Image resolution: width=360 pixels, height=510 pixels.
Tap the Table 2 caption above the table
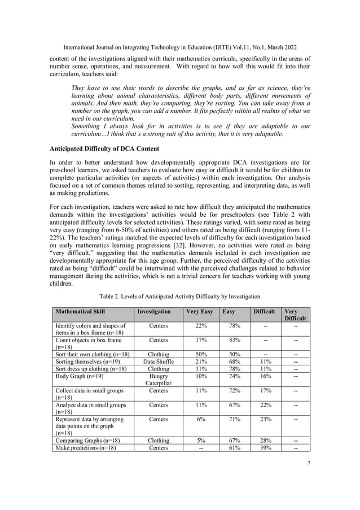pyautogui.click(x=180, y=295)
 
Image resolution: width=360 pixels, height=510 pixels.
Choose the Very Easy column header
pyautogui.click(x=199, y=311)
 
